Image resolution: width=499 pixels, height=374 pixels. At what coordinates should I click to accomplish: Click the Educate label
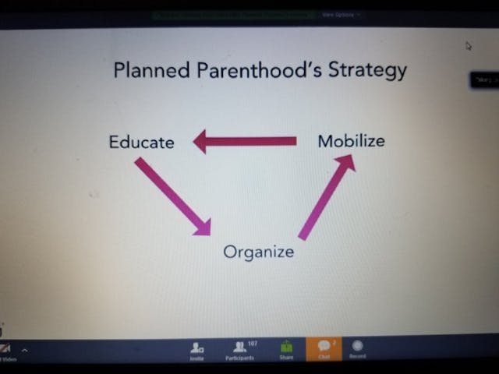pyautogui.click(x=141, y=142)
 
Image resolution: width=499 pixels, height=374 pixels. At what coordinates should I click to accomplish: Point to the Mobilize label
pyautogui.click(x=351, y=141)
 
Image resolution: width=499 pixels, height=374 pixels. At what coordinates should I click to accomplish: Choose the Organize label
pyautogui.click(x=258, y=252)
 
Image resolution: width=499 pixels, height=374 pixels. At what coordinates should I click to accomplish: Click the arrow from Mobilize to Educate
pyautogui.click(x=245, y=141)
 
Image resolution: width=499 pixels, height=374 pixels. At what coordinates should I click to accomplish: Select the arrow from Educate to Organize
pyautogui.click(x=172, y=196)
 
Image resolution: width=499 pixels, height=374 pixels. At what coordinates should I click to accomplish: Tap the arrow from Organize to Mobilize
pyautogui.click(x=327, y=196)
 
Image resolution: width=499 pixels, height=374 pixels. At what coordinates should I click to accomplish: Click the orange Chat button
pyautogui.click(x=324, y=349)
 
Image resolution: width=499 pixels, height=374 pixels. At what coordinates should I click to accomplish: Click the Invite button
pyautogui.click(x=197, y=349)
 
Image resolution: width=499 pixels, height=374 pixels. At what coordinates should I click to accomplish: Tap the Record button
pyautogui.click(x=357, y=349)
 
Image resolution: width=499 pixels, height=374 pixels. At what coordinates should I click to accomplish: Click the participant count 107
pyautogui.click(x=253, y=342)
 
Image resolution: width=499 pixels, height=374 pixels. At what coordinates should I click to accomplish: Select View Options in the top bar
pyautogui.click(x=338, y=14)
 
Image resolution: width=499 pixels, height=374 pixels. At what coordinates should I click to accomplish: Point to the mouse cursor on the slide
pyautogui.click(x=469, y=45)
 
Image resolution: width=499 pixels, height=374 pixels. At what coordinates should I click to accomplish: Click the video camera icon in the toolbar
pyautogui.click(x=5, y=348)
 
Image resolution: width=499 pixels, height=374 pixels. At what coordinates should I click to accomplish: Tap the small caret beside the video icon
pyautogui.click(x=24, y=350)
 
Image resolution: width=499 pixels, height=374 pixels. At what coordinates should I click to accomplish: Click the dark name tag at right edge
pyautogui.click(x=484, y=80)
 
